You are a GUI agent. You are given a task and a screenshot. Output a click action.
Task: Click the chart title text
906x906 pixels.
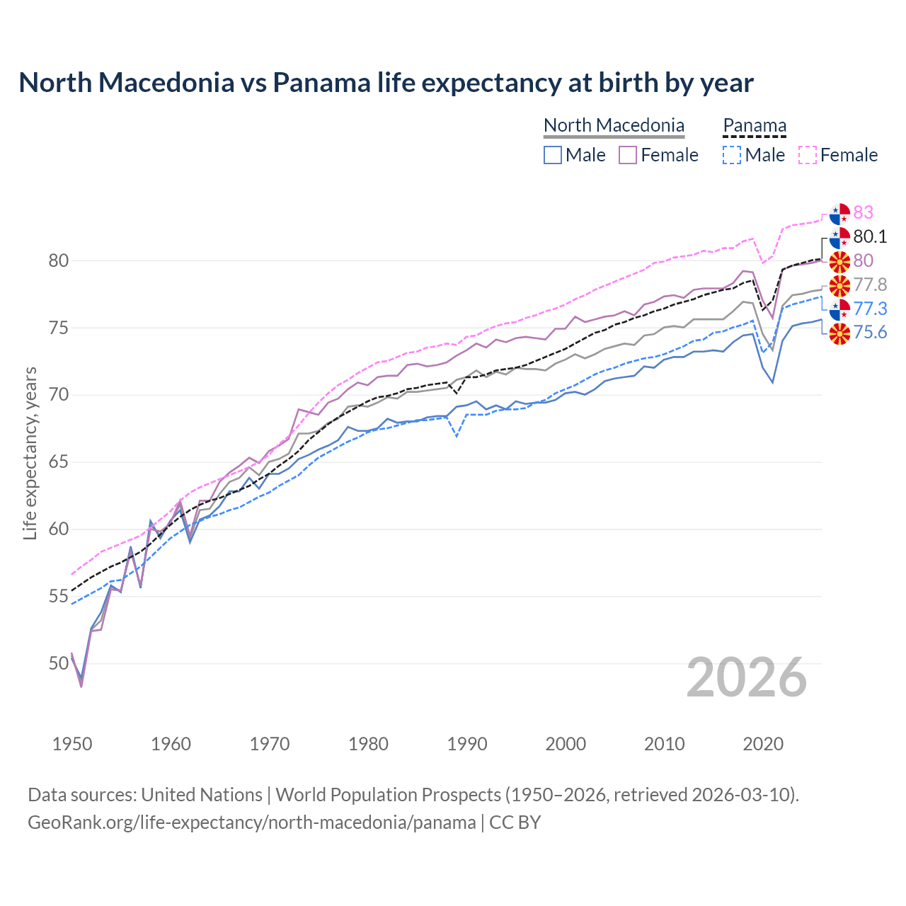coord(386,83)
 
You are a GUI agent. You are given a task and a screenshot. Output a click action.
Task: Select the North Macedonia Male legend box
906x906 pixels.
coord(553,155)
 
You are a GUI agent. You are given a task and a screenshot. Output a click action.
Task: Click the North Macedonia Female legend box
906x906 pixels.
coord(628,155)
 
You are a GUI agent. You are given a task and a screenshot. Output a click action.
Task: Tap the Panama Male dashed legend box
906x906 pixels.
coord(732,155)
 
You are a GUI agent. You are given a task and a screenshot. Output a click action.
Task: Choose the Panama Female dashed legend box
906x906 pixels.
coord(808,155)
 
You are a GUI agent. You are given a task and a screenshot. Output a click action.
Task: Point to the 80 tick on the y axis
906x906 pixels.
coord(59,260)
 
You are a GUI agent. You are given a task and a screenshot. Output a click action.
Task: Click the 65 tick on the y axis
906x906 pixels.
coord(59,462)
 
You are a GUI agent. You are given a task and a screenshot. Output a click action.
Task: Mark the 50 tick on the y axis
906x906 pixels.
coord(59,664)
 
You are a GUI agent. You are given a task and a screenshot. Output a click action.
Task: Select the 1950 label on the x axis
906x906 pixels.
coord(72,744)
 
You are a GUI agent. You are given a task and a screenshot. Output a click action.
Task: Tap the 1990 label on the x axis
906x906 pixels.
coord(467,744)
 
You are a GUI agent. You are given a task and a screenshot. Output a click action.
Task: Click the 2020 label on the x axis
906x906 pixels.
coord(763,744)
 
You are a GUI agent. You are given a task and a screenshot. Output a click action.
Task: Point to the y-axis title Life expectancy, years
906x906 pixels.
coord(30,453)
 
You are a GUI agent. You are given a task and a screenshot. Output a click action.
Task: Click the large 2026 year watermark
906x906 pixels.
coord(747,678)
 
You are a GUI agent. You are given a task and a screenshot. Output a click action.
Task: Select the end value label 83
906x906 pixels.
coord(863,212)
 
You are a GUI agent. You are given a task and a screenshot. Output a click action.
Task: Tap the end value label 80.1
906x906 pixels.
coord(870,236)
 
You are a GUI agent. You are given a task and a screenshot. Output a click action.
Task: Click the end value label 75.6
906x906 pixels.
coord(870,333)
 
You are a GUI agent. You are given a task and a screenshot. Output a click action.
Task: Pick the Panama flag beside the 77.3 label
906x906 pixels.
coord(839,309)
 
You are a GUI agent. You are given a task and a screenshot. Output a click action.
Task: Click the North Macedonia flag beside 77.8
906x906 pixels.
coord(839,285)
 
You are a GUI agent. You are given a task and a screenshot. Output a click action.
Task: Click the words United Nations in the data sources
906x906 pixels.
coord(202,795)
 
